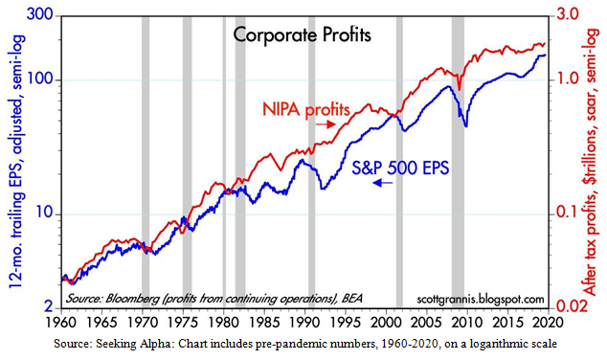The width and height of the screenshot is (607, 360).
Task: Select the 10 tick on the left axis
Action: click(x=41, y=213)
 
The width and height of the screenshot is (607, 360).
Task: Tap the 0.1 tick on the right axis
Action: click(x=573, y=213)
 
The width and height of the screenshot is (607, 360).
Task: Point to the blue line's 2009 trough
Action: click(x=465, y=125)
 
